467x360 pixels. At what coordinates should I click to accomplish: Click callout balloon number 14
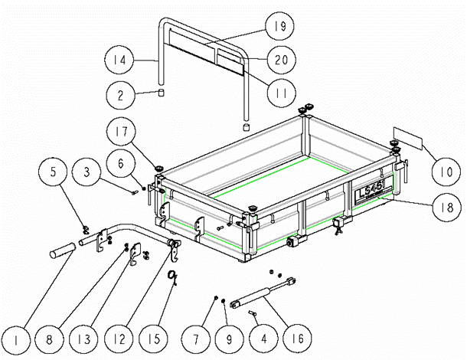coord(119,60)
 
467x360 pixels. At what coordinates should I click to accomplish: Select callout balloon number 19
coord(279,26)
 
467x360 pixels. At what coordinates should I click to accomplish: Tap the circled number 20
coord(282,60)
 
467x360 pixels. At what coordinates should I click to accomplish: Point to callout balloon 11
coord(282,93)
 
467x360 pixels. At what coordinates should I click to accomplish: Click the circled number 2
coord(121,95)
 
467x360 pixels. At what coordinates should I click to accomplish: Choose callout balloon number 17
coord(121,131)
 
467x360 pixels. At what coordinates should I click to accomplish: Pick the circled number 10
coord(446,172)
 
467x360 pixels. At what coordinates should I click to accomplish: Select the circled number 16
coord(298,338)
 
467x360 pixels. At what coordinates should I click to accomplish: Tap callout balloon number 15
coord(154,339)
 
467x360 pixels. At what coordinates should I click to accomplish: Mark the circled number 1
coord(16,340)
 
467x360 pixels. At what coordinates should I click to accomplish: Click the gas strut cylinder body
coord(250,297)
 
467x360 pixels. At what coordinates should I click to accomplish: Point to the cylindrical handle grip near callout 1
coord(63,250)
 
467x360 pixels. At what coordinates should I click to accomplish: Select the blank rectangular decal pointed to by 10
coord(408,138)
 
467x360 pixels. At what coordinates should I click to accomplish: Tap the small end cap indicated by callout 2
coord(161,93)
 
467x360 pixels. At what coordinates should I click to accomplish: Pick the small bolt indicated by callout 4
coord(253,313)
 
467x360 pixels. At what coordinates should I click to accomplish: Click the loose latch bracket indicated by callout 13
coord(136,253)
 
